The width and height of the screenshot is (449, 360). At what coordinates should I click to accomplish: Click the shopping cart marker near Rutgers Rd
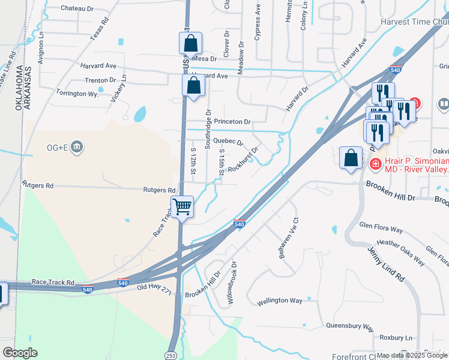[x=182, y=208]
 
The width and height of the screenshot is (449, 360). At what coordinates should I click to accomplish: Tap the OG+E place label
[x=60, y=146]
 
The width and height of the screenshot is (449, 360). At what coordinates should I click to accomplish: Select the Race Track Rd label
[x=53, y=282]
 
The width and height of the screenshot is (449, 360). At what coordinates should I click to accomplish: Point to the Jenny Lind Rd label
[x=387, y=265]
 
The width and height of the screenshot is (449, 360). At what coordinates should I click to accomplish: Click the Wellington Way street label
[x=280, y=301]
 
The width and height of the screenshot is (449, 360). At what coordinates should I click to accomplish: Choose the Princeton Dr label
[x=232, y=122]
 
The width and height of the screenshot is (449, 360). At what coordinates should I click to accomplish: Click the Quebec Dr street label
[x=228, y=143]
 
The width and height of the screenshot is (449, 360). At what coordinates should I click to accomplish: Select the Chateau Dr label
[x=77, y=9]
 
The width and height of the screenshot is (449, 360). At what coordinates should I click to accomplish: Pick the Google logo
[x=20, y=353]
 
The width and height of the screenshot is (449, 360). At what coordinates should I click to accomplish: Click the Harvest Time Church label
[x=414, y=22]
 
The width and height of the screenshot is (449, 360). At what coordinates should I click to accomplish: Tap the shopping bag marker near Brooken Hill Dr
[x=351, y=159]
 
